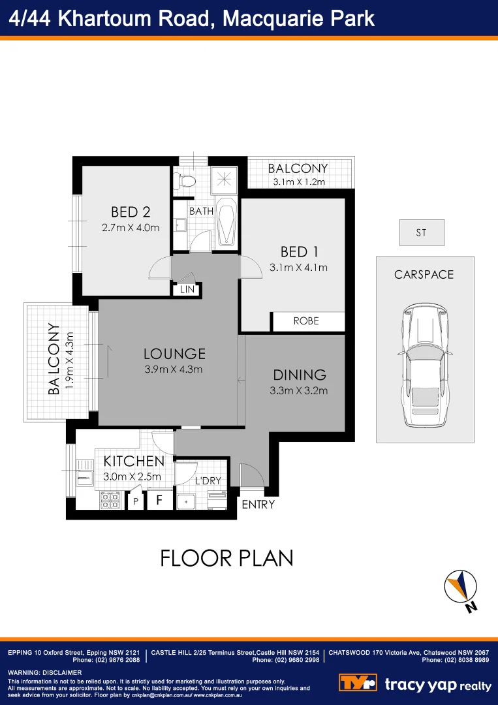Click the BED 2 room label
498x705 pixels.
click(x=131, y=211)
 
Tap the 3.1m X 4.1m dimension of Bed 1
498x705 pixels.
click(x=298, y=267)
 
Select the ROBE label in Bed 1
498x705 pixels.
click(x=306, y=321)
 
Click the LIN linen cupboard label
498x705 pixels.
click(x=187, y=290)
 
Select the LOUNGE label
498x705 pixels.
click(x=174, y=354)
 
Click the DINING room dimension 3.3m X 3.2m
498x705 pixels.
click(x=298, y=391)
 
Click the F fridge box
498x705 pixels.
click(x=159, y=501)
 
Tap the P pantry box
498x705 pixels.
click(x=136, y=501)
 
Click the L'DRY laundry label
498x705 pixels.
click(x=208, y=481)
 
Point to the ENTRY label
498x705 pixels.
click(x=258, y=505)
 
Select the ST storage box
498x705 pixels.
click(x=422, y=232)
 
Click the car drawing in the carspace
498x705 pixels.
click(x=424, y=365)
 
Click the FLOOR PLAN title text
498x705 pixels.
click(x=227, y=558)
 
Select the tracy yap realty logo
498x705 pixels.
click(x=415, y=683)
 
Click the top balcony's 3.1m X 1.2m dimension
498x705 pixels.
click(x=298, y=182)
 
